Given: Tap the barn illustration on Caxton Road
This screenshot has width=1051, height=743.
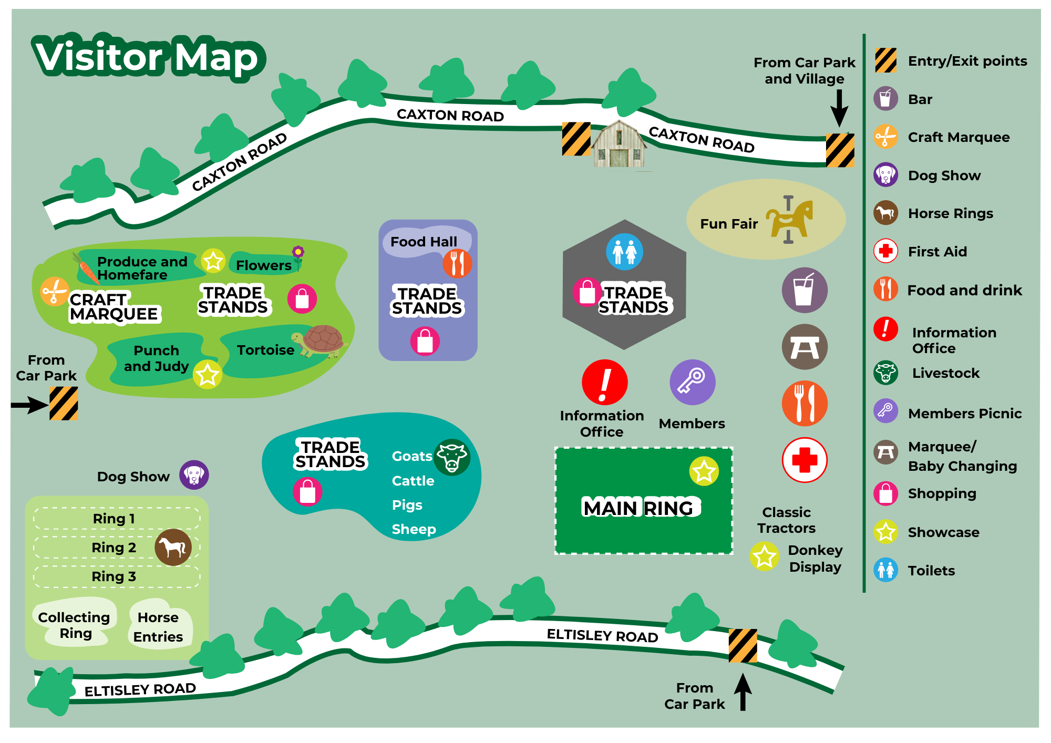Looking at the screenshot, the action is (619, 145).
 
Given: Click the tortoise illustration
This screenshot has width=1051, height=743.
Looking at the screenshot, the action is (318, 342).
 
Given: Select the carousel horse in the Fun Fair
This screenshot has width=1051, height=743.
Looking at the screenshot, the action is (789, 219).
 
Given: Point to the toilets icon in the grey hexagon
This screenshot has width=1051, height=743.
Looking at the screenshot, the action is (624, 252).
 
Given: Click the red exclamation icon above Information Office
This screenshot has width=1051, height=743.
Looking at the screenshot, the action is (604, 382).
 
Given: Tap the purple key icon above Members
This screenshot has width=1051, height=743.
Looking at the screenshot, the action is (693, 382).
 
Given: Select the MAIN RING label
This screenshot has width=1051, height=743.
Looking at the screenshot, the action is (641, 508).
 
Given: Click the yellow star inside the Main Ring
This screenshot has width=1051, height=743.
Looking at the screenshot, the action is (704, 471).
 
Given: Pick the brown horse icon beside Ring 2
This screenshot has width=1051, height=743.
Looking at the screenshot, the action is (173, 547).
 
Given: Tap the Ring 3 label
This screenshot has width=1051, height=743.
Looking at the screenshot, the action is (114, 576).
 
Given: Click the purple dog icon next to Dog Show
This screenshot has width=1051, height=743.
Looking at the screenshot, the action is (194, 475).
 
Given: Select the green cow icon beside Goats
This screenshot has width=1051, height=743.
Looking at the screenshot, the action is (452, 457).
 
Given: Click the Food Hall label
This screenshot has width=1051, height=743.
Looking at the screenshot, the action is (424, 242).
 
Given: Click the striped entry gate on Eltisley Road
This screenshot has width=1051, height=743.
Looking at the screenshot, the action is (743, 646).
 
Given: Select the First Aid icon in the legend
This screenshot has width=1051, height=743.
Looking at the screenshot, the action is (885, 251).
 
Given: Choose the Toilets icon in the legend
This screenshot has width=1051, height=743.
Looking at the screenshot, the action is (885, 570).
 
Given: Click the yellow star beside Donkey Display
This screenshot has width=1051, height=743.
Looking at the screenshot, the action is (764, 556).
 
